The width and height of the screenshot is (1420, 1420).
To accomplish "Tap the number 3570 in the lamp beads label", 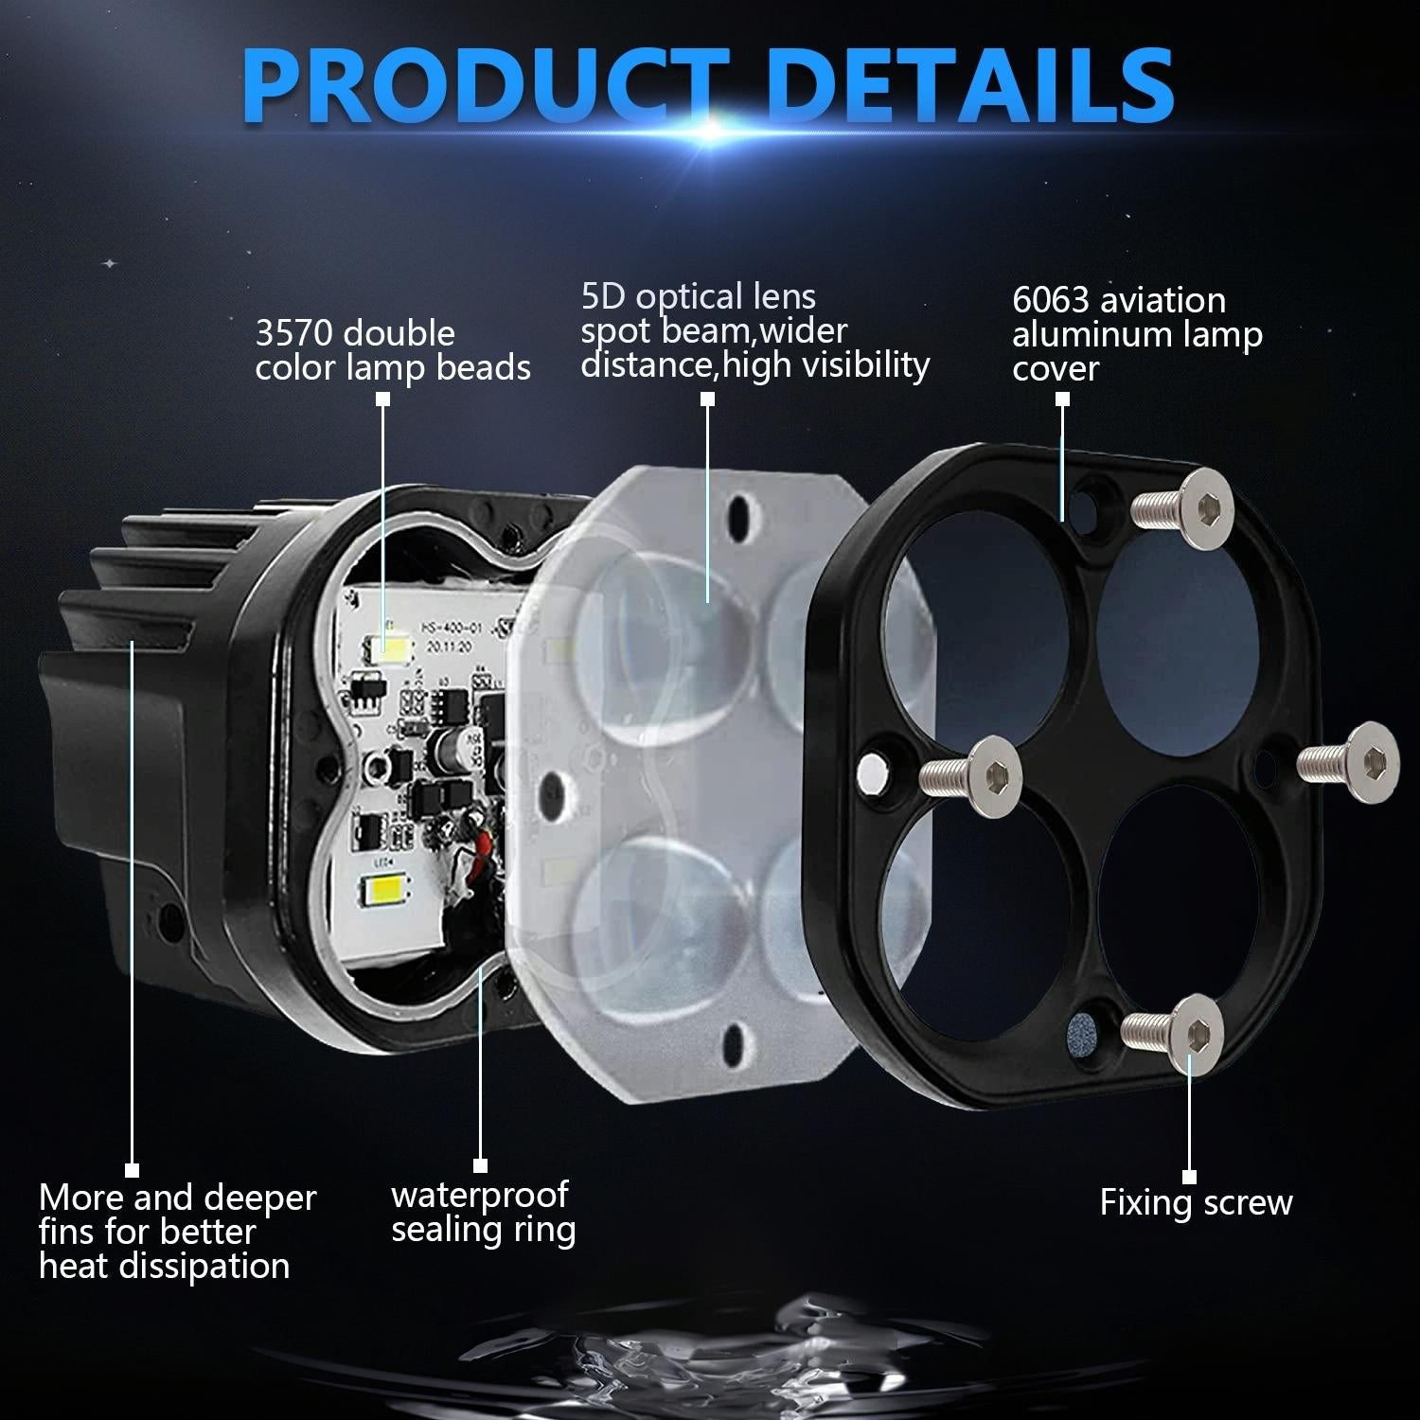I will (295, 333).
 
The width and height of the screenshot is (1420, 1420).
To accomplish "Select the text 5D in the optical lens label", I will (603, 297).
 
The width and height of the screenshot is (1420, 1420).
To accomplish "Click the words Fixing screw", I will (1196, 1202).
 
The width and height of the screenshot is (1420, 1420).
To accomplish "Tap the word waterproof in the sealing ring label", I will (480, 1195).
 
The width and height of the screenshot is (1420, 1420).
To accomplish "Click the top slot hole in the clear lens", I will (741, 516).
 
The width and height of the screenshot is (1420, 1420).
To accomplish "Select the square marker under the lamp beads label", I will (382, 399).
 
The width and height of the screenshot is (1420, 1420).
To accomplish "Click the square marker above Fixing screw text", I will (1190, 1177).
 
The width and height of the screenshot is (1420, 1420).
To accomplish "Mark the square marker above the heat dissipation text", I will (132, 1171).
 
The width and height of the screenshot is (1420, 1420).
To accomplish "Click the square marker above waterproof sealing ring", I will (480, 1165).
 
